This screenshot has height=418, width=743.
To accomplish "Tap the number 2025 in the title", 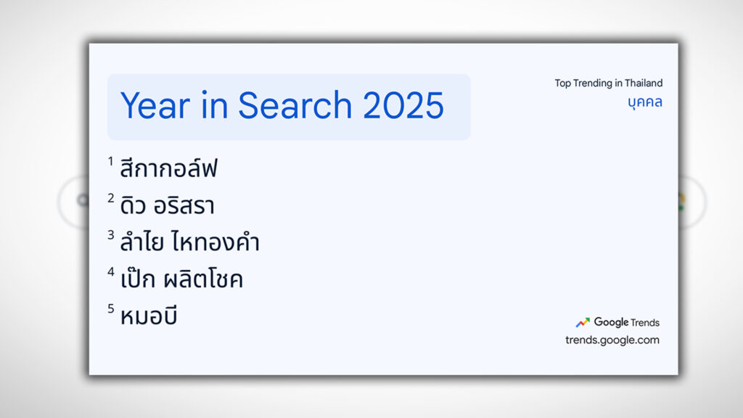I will point(403,106).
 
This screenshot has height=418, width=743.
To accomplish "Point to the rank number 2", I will point(111,198).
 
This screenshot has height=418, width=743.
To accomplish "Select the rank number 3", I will point(111,235).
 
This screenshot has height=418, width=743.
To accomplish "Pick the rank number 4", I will point(111,272).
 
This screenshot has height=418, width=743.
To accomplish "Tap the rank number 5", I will point(111,309).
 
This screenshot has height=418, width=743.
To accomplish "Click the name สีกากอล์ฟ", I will point(168,170).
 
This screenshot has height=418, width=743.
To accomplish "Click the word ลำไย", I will point(142,244).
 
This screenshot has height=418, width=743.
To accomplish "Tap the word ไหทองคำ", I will point(216,244).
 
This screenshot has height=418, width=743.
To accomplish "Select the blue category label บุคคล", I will point(644,102).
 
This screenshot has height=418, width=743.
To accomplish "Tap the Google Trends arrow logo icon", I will point(583,323).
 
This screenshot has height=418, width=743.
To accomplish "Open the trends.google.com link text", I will point(612,340).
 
